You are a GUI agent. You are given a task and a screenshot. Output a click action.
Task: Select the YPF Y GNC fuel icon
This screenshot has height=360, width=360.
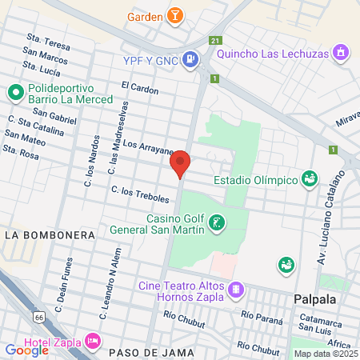[190, 58]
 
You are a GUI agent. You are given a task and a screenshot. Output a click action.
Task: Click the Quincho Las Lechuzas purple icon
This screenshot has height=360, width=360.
[342, 54]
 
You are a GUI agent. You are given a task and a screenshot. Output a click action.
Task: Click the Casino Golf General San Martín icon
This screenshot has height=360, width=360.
[216, 222]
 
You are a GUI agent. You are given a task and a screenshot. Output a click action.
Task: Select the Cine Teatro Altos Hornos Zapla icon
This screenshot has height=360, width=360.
[235, 289]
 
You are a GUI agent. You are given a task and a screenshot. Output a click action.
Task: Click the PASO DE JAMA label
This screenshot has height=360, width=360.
[140, 352]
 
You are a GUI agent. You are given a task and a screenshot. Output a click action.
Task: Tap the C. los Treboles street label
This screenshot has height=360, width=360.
[141, 194]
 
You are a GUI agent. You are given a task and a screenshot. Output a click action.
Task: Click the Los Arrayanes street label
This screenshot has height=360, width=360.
[150, 146]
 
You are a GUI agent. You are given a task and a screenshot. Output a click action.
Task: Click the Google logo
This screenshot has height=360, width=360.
[26, 350]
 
